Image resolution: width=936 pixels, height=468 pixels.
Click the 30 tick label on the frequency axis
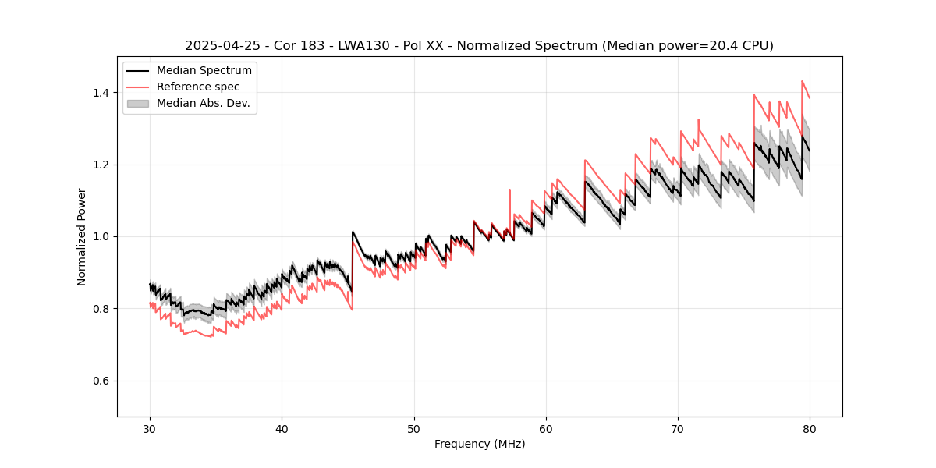[x=151, y=428]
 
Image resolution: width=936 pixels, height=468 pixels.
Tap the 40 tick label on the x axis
[x=282, y=428]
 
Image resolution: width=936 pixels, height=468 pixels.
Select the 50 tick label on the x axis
[x=414, y=428]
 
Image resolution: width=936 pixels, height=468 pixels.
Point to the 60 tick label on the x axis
[x=546, y=428]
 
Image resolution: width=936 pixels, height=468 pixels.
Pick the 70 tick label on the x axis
[x=678, y=428]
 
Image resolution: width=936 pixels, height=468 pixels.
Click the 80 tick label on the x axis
[x=810, y=428]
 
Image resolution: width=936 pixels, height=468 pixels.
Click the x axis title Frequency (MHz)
[x=480, y=444]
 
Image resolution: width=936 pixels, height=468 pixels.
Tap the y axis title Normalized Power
[x=82, y=236]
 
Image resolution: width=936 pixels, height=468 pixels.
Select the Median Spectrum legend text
[x=204, y=71]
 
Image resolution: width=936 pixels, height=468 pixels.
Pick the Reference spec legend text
[x=198, y=87]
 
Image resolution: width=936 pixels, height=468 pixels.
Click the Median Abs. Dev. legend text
[x=203, y=103]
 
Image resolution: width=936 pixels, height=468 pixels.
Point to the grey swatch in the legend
[x=138, y=103]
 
